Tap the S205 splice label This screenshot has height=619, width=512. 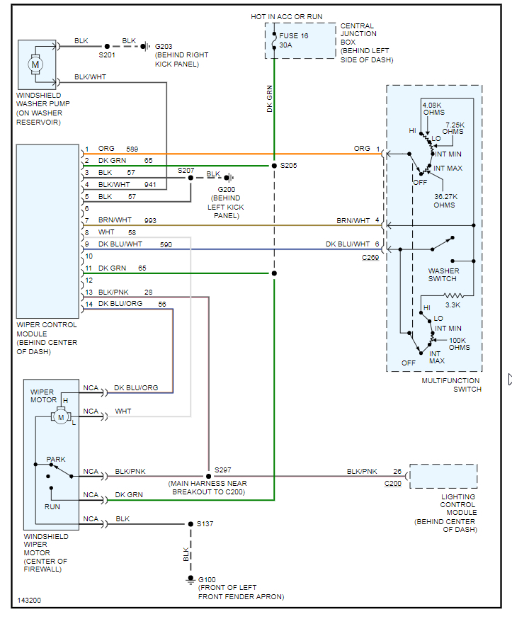[x=289, y=166]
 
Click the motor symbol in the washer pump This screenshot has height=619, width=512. [x=35, y=64]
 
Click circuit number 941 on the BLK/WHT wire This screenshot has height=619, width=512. [x=150, y=184]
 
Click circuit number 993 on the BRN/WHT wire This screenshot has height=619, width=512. [x=150, y=221]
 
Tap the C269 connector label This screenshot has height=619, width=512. [x=370, y=257]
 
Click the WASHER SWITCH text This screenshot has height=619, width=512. [x=443, y=275]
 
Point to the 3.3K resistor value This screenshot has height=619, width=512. [x=454, y=305]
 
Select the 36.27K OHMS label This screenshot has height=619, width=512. [x=445, y=200]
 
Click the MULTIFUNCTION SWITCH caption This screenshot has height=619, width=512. [x=451, y=385]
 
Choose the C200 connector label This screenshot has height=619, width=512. [x=393, y=483]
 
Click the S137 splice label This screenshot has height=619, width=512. [x=205, y=524]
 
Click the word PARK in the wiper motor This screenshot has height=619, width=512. [x=56, y=460]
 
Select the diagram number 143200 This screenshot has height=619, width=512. [x=29, y=601]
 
